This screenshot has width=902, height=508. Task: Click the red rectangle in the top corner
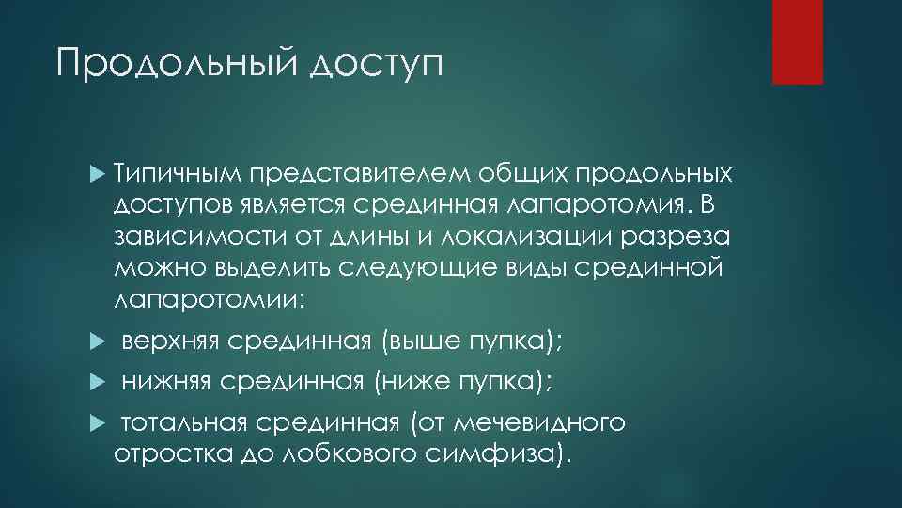pyautogui.click(x=797, y=41)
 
